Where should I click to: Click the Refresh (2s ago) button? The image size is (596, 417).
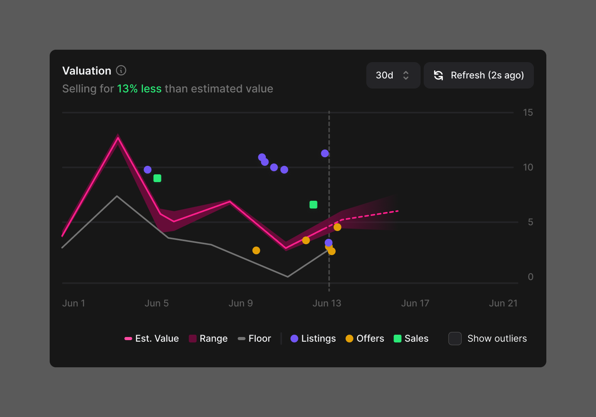pyautogui.click(x=478, y=75)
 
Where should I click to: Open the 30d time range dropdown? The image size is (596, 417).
pyautogui.click(x=393, y=75)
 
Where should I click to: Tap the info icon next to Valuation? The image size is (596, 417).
pyautogui.click(x=121, y=70)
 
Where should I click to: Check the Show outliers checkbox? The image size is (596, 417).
pyautogui.click(x=455, y=339)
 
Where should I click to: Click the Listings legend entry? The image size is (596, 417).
pyautogui.click(x=313, y=339)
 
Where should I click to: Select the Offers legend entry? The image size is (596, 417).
pyautogui.click(x=365, y=339)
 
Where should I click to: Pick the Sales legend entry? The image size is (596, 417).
pyautogui.click(x=411, y=339)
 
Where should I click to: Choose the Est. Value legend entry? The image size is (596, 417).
pyautogui.click(x=152, y=339)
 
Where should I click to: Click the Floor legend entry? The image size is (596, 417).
pyautogui.click(x=255, y=339)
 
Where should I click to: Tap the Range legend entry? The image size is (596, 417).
pyautogui.click(x=208, y=339)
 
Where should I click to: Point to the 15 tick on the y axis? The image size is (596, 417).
pyautogui.click(x=528, y=113)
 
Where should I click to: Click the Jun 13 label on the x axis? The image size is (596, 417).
pyautogui.click(x=327, y=303)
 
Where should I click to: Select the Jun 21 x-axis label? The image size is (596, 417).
pyautogui.click(x=503, y=303)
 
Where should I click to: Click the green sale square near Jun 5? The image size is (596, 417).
pyautogui.click(x=157, y=178)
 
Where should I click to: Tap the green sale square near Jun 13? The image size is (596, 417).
pyautogui.click(x=314, y=205)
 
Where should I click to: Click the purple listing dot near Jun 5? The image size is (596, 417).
pyautogui.click(x=147, y=170)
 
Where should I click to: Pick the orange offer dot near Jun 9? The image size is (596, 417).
pyautogui.click(x=256, y=250)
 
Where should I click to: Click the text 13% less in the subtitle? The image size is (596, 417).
pyautogui.click(x=139, y=89)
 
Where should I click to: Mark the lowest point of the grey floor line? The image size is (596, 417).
pyautogui.click(x=288, y=276)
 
